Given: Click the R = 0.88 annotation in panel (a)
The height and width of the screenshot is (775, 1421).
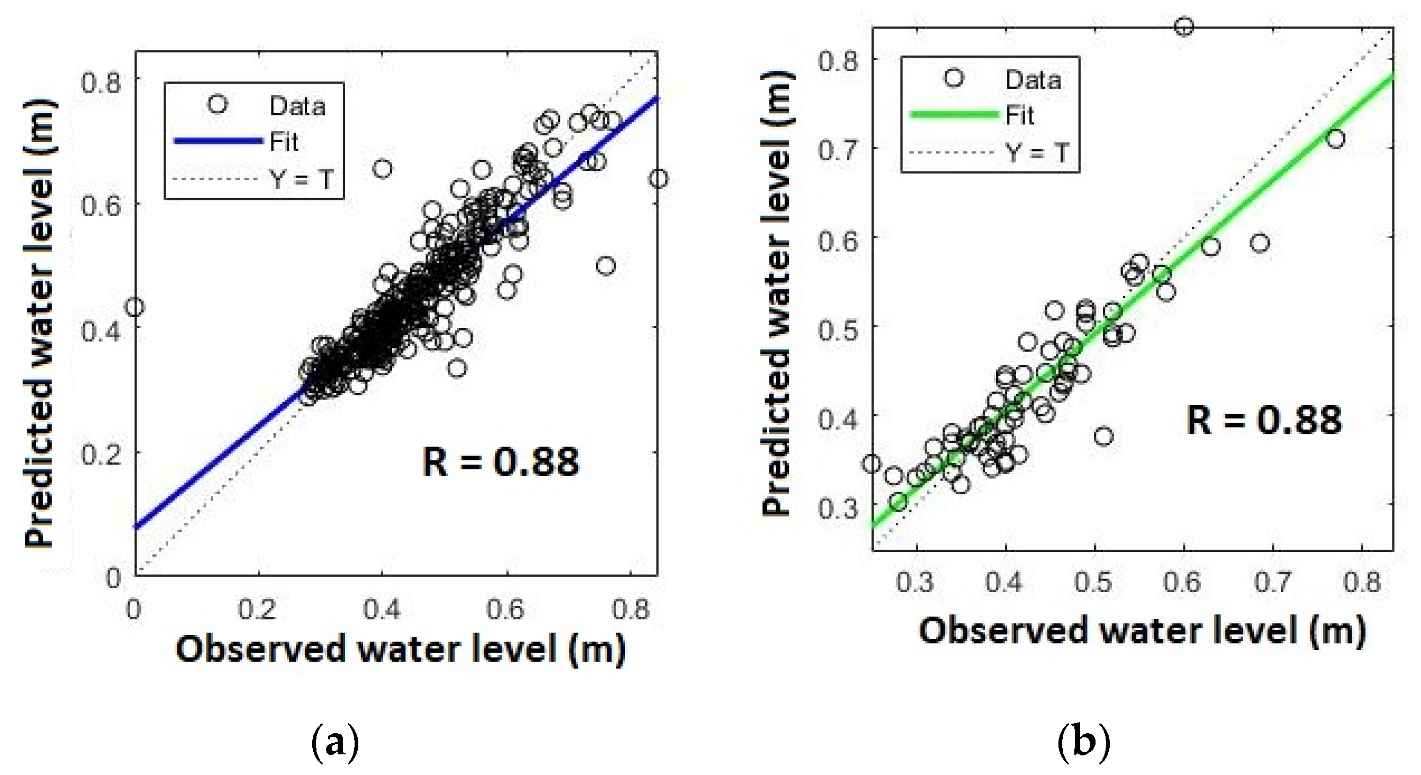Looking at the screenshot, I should pos(500,462).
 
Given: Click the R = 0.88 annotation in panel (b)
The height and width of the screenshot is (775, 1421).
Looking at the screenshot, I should pos(1264,421).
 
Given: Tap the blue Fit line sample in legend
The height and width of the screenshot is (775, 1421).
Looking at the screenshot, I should pos(219,141).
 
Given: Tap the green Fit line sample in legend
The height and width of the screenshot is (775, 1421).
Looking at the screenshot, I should pos(954,115).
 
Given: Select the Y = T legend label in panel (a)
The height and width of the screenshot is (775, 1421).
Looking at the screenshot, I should pos(301,179).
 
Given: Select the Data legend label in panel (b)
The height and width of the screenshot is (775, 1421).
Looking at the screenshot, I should pos(1033,81).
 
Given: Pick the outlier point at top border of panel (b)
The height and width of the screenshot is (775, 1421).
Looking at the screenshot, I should pos(1184,26).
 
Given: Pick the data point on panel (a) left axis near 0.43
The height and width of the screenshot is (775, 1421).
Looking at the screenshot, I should pos(134,307).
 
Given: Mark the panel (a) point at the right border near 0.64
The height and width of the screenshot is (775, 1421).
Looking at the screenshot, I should pos(658,179).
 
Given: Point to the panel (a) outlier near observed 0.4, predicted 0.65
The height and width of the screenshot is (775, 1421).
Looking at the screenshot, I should pos(382,169).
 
